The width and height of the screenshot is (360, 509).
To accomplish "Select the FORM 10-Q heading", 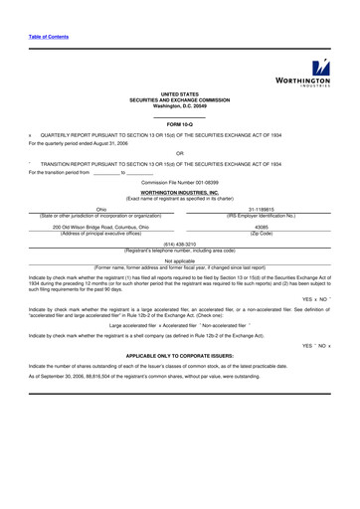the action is click(179, 122).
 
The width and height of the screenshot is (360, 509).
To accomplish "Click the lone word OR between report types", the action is click(179, 153).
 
